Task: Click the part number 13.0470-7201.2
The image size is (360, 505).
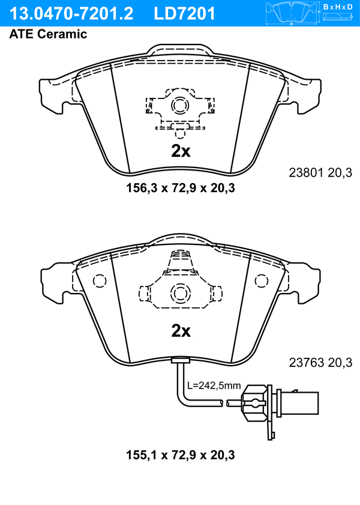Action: click(71, 14)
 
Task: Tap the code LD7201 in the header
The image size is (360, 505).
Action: click(184, 14)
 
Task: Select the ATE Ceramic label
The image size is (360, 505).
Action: click(48, 34)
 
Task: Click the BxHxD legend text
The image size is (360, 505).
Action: click(338, 7)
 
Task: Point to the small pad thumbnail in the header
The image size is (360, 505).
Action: click(292, 13)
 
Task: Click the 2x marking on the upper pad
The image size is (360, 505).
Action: click(181, 151)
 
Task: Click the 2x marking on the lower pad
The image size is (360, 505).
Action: click(181, 330)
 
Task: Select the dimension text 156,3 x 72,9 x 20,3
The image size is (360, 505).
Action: click(181, 188)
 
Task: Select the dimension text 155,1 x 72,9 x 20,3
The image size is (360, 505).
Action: click(181, 455)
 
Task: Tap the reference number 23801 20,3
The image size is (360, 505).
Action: click(320, 173)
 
